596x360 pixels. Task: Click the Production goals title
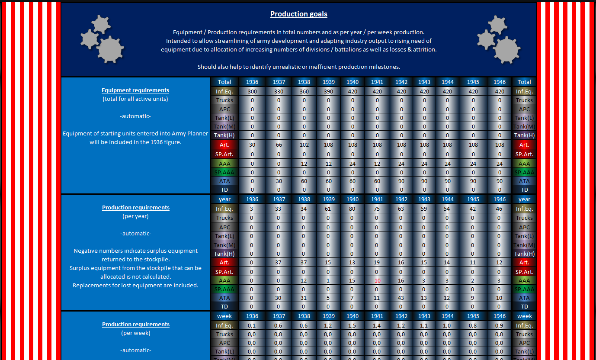pyautogui.click(x=298, y=14)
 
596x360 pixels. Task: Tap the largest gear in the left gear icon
pyautogui.click(x=110, y=49)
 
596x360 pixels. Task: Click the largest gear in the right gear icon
pyautogui.click(x=506, y=50)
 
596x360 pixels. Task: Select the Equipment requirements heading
pyautogui.click(x=135, y=90)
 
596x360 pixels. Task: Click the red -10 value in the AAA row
pyautogui.click(x=377, y=280)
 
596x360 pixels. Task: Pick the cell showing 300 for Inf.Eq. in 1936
pyautogui.click(x=252, y=91)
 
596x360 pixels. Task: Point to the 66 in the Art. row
pyautogui.click(x=279, y=145)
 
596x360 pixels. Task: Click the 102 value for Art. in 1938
pyautogui.click(x=304, y=145)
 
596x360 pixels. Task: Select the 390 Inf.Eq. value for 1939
pyautogui.click(x=328, y=91)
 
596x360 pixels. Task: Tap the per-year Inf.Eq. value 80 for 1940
pyautogui.click(x=352, y=209)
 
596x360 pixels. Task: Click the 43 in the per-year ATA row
pyautogui.click(x=401, y=298)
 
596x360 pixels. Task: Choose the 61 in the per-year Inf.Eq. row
pyautogui.click(x=328, y=209)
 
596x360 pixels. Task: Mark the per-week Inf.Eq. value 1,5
pyautogui.click(x=352, y=325)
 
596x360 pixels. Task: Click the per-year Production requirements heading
pyautogui.click(x=136, y=207)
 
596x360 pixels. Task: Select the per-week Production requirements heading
pyautogui.click(x=136, y=324)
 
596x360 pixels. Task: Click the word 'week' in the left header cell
pyautogui.click(x=224, y=316)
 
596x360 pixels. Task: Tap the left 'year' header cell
pyautogui.click(x=224, y=199)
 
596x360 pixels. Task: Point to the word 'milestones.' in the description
pyautogui.click(x=384, y=67)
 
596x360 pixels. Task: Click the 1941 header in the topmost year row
pyautogui.click(x=377, y=82)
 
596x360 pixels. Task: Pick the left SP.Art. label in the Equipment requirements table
pyautogui.click(x=224, y=154)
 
